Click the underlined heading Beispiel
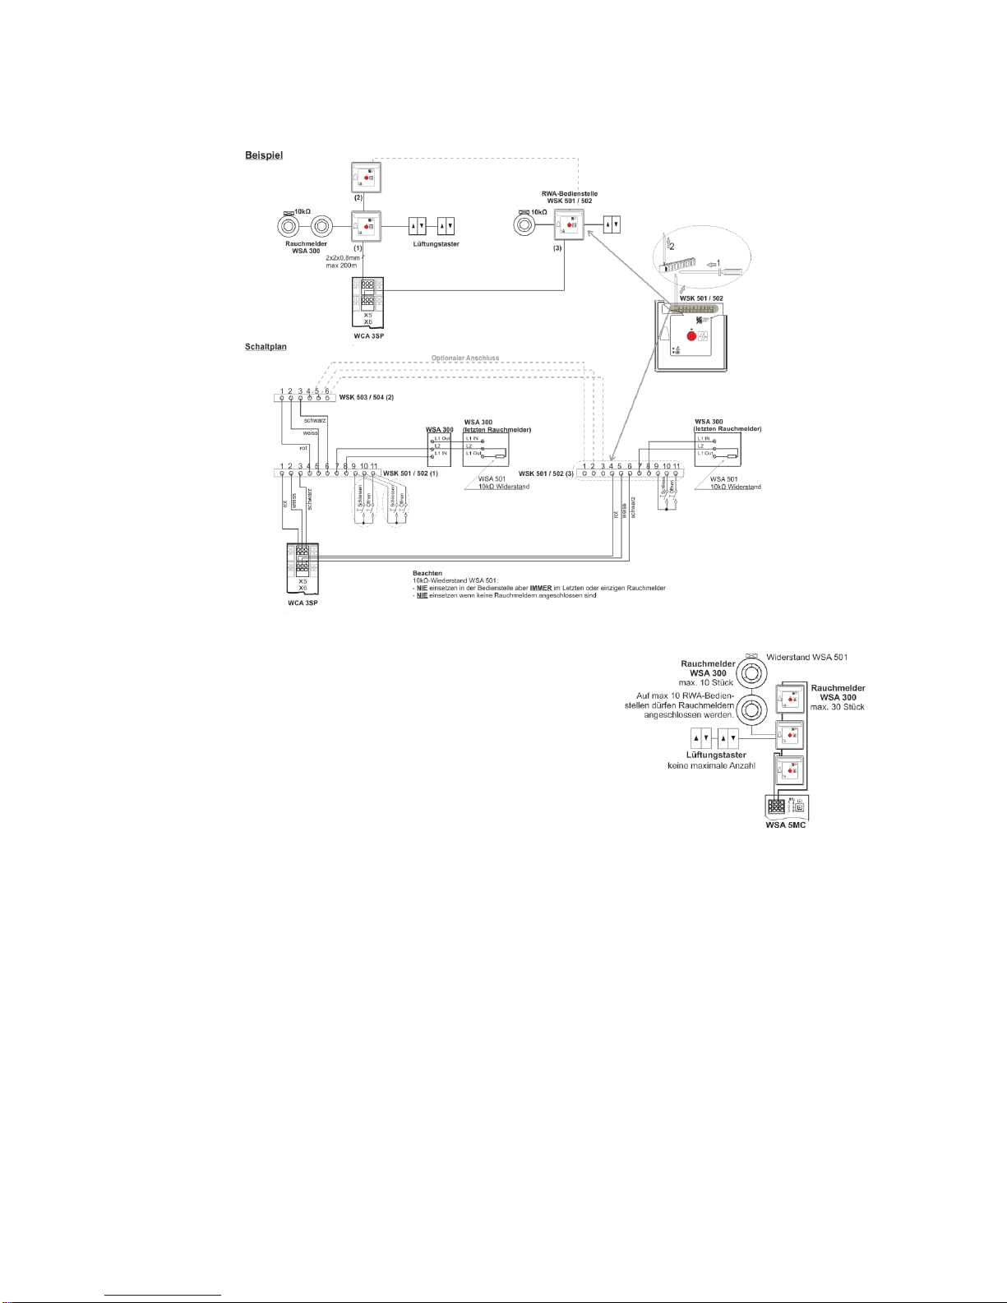pyautogui.click(x=263, y=155)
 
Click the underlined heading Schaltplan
pyautogui.click(x=266, y=347)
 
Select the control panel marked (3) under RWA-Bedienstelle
pyautogui.click(x=568, y=225)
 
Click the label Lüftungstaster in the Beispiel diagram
pyautogui.click(x=436, y=244)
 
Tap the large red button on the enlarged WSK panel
pyautogui.click(x=691, y=335)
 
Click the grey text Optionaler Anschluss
pyautogui.click(x=465, y=358)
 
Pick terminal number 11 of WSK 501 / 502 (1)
pyautogui.click(x=374, y=466)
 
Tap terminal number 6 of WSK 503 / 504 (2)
pyautogui.click(x=327, y=390)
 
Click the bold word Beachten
pyautogui.click(x=427, y=573)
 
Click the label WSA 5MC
pyautogui.click(x=785, y=825)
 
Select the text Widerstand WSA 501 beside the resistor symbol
pyautogui.click(x=806, y=657)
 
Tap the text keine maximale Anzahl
pyautogui.click(x=711, y=766)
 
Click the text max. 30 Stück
pyautogui.click(x=838, y=707)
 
